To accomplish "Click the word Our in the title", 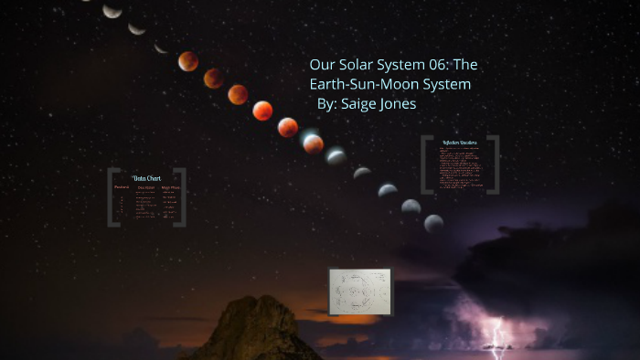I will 322,66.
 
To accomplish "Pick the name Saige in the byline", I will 360,104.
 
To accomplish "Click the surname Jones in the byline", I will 400,104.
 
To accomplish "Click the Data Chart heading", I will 146,178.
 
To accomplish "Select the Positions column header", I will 122,187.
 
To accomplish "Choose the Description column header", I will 146,187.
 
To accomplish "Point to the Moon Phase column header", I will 171,187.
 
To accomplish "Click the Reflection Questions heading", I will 460,143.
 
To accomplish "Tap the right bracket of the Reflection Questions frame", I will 495,164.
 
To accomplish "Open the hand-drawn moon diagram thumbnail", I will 360,291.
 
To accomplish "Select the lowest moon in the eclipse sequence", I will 433,223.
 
